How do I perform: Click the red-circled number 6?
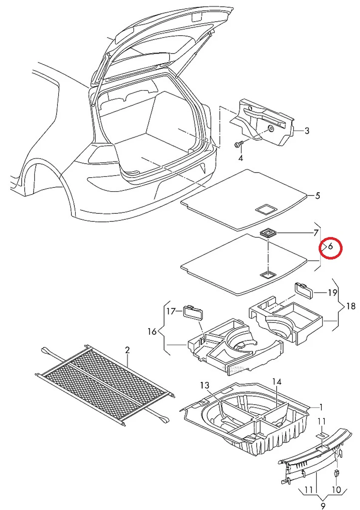click(330, 246)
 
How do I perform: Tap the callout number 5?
click(317, 196)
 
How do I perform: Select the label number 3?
click(307, 131)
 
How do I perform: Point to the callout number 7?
click(315, 233)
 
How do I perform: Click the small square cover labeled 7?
click(268, 232)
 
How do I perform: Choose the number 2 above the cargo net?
click(127, 350)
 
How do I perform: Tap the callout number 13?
click(205, 385)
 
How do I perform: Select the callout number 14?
click(277, 381)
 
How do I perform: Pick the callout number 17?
click(171, 312)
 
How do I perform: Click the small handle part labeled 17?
click(193, 312)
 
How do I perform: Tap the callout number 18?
click(351, 306)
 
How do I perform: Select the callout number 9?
click(323, 505)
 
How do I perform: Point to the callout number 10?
click(337, 490)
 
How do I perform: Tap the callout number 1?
click(321, 407)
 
